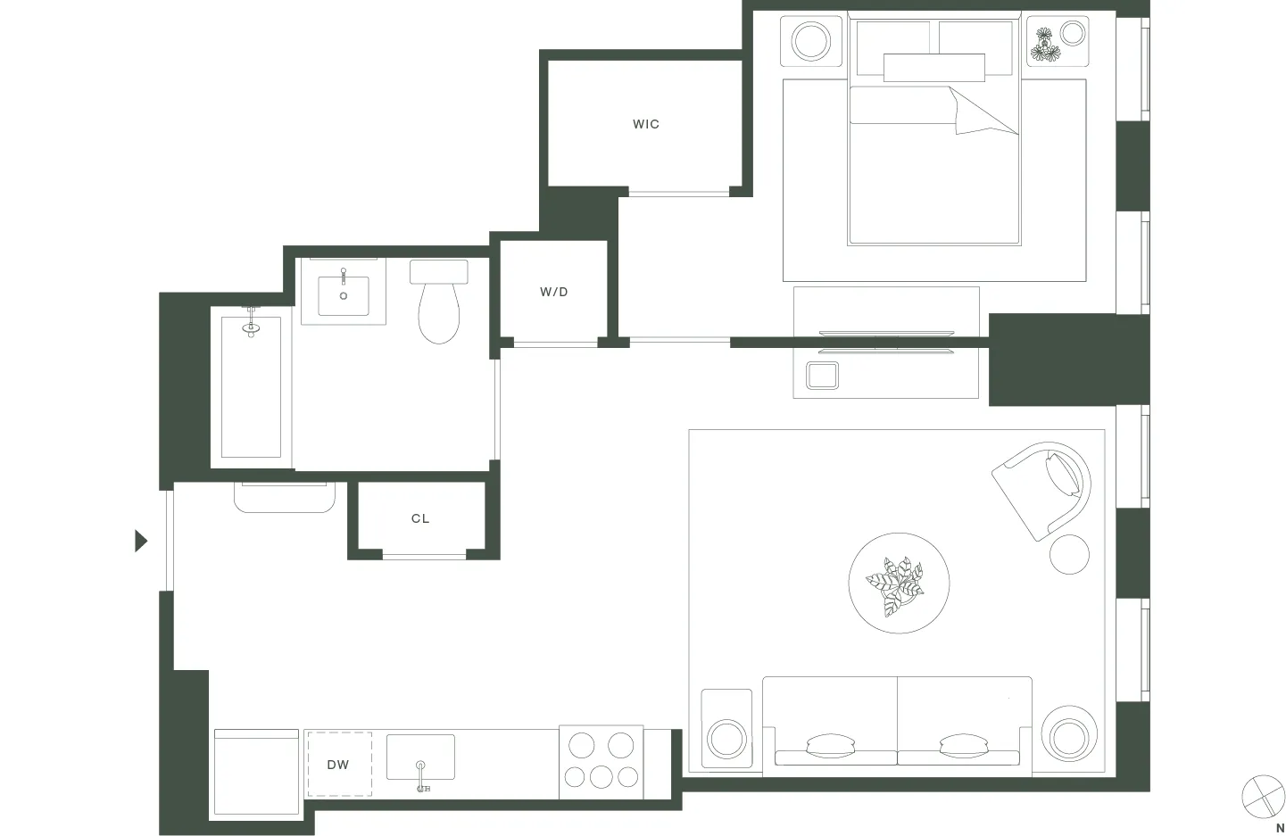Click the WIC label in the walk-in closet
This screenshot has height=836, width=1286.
646,124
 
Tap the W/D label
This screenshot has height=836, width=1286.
554,292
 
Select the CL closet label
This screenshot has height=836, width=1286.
420,518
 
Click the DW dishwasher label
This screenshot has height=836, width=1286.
338,765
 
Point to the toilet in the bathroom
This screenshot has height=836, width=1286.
439,303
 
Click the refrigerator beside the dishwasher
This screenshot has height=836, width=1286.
256,773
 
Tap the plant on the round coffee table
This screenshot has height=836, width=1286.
897,585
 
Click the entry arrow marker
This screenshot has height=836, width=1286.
140,541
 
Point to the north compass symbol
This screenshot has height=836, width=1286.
1262,795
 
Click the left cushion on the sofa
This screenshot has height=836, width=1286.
830,745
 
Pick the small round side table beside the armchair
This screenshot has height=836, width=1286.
1069,554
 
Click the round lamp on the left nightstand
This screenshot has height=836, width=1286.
811,41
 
